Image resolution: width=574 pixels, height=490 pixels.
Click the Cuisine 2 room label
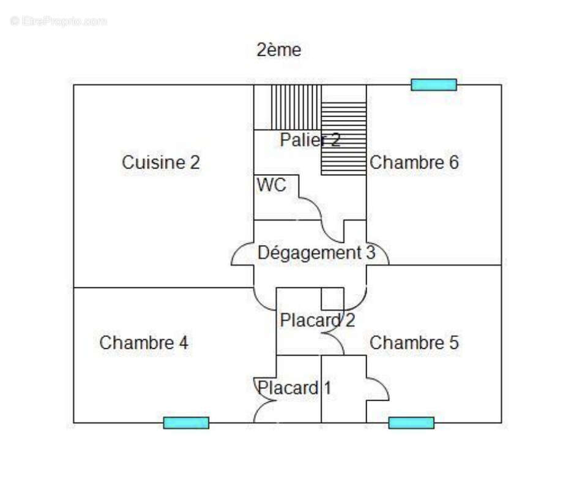pos(161,163)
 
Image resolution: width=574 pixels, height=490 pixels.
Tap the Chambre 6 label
pos(414,163)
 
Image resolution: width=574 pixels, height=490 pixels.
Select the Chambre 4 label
pos(144,343)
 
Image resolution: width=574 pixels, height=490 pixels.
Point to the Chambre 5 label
pos(414,343)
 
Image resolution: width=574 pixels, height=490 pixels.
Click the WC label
pos(271,186)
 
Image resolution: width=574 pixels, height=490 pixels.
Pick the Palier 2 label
pos(310,140)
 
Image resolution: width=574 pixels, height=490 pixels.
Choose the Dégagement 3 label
pos(316,252)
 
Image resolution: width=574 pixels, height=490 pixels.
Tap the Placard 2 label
pos(317,320)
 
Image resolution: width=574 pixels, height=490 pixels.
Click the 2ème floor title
pos(278,50)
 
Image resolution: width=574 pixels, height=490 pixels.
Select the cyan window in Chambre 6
pos(434,85)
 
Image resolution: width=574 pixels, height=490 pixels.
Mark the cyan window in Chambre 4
pos(186,423)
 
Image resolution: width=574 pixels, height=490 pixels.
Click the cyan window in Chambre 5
pos(411,423)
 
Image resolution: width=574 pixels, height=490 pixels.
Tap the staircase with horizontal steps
pos(344,139)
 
